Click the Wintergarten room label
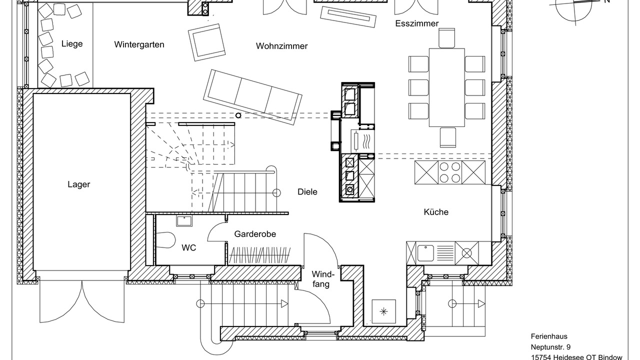(x=139, y=44)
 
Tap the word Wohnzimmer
(x=281, y=46)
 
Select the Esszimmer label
(x=417, y=23)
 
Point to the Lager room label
(x=79, y=184)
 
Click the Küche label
(x=436, y=212)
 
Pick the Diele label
(x=307, y=191)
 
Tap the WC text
(x=189, y=247)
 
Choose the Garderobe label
(x=255, y=234)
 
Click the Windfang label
(x=322, y=279)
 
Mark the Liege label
(x=72, y=44)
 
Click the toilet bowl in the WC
(x=165, y=239)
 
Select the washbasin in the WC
(x=184, y=221)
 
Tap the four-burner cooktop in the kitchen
(x=449, y=172)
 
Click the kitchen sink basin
(x=425, y=253)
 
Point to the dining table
(x=447, y=87)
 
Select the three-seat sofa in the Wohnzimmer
(x=252, y=97)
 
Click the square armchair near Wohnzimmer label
(x=206, y=42)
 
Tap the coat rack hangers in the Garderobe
(x=259, y=255)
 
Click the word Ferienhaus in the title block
(x=548, y=336)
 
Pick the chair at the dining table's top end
(x=447, y=38)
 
